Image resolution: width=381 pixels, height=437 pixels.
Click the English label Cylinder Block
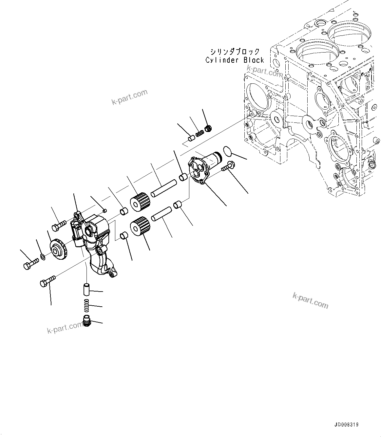[x=235, y=60]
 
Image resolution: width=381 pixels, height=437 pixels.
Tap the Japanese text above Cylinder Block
[x=235, y=52]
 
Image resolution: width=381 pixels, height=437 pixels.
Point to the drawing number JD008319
[x=347, y=425]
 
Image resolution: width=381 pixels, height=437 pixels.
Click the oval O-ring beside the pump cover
[x=228, y=152]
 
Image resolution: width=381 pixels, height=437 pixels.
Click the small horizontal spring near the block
[x=200, y=133]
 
